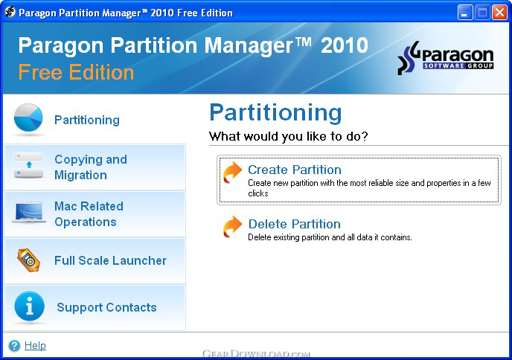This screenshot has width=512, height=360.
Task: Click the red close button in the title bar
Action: pyautogui.click(x=499, y=13)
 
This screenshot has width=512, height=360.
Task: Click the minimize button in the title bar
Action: pyautogui.click(x=465, y=13)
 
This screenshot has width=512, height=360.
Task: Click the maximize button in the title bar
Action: pyautogui.click(x=482, y=13)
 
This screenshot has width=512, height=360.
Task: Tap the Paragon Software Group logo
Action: pyautogui.click(x=445, y=58)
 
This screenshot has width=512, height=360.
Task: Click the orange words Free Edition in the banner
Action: pyautogui.click(x=76, y=72)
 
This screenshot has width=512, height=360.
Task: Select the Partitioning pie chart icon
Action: pyautogui.click(x=28, y=118)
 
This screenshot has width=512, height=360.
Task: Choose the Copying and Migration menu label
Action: pyautogui.click(x=91, y=167)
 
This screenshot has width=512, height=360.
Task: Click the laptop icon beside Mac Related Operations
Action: pyautogui.click(x=29, y=212)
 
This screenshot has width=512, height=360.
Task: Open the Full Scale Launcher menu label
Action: pyautogui.click(x=110, y=260)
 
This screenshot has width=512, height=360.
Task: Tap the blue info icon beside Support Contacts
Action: pyautogui.click(x=29, y=306)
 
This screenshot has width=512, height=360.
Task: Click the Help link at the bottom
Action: pyautogui.click(x=35, y=345)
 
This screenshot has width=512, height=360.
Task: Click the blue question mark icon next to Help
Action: pyautogui.click(x=14, y=346)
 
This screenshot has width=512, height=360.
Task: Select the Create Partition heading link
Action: pyautogui.click(x=295, y=170)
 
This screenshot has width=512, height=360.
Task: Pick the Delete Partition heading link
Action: pyautogui.click(x=295, y=224)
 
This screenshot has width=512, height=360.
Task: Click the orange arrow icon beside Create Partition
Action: pyautogui.click(x=232, y=173)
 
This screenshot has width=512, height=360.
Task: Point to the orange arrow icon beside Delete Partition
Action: pyautogui.click(x=232, y=227)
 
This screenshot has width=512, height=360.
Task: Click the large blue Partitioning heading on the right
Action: pyautogui.click(x=275, y=113)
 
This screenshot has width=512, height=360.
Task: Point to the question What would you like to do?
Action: pyautogui.click(x=289, y=136)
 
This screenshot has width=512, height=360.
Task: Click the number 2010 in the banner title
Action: pyautogui.click(x=345, y=45)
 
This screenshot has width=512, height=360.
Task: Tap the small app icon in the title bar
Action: pyautogui.click(x=10, y=12)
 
